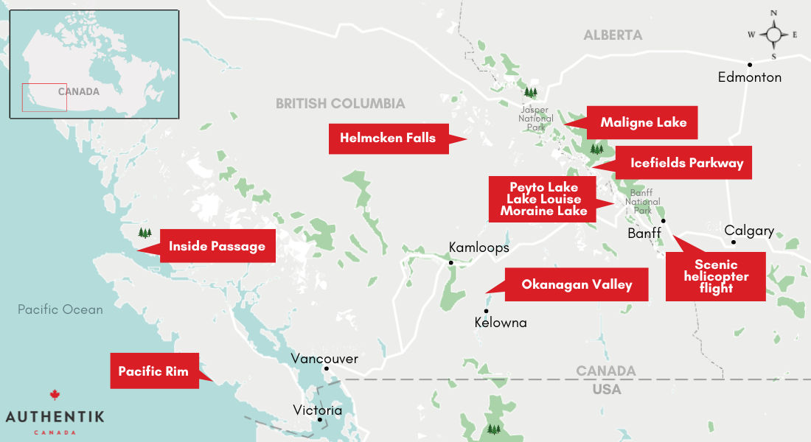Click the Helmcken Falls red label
click(388, 138)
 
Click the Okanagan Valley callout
click(577, 284)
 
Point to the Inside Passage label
click(217, 246)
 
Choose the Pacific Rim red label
click(153, 371)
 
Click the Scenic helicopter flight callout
click(715, 276)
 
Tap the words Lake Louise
click(543, 199)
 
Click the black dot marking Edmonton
click(750, 64)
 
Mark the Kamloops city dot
click(450, 262)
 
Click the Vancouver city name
click(324, 359)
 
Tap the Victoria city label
click(317, 410)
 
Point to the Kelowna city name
click(501, 323)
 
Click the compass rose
click(773, 35)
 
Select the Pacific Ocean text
click(60, 309)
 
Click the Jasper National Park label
click(536, 118)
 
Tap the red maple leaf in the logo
click(54, 396)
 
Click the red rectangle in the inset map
click(44, 97)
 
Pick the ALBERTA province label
click(613, 35)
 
